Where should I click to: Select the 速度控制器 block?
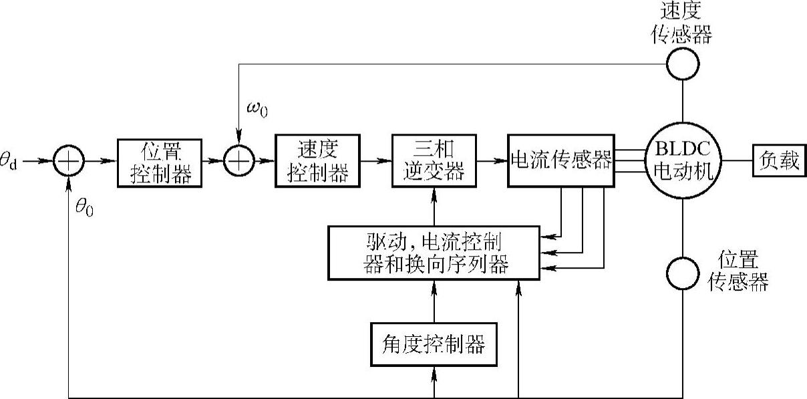tap(318, 162)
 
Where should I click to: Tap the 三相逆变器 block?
tap(435, 162)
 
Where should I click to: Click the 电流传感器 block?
tap(560, 162)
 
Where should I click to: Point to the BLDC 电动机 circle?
tap(683, 162)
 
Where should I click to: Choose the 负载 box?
tap(779, 162)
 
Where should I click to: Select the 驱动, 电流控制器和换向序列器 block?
tap(434, 252)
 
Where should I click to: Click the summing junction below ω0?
tap(239, 162)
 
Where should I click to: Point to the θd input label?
tap(10, 162)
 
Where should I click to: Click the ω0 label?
tap(257, 110)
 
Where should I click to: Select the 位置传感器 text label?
tap(738, 271)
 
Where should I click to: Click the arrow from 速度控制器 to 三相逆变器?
tap(376, 162)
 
